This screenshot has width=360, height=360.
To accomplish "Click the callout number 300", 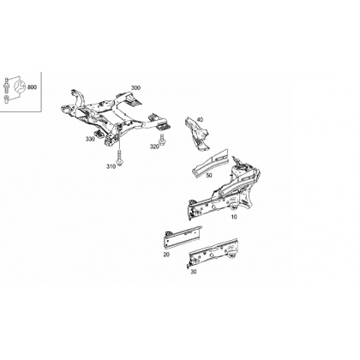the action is [x=135, y=87].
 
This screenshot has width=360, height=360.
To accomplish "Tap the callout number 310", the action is [x=111, y=166].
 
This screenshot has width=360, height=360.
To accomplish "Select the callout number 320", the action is [x=154, y=147].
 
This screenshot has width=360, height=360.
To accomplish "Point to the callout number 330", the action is [x=90, y=139].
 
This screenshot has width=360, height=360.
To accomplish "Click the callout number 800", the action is [x=32, y=87].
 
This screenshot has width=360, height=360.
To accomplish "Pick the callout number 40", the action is [x=200, y=120].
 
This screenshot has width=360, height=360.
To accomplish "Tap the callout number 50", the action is [x=209, y=175].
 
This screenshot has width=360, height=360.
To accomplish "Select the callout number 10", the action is [x=234, y=217].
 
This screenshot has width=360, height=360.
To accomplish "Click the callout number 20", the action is [x=166, y=255].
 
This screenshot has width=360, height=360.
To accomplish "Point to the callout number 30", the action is [x=194, y=272].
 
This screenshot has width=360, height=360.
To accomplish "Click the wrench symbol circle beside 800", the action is [x=20, y=87].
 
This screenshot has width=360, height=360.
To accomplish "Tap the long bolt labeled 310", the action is [x=119, y=158].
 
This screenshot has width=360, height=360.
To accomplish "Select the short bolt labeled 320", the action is [x=162, y=139].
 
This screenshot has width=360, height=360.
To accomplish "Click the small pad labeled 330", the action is [x=99, y=134].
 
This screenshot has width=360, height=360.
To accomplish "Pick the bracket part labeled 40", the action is [x=197, y=133].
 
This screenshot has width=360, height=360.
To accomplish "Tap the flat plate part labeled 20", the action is [x=183, y=237].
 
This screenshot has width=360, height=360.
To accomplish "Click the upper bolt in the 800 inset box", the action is [x=7, y=85].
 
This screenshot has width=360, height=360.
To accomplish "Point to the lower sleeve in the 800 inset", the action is [x=7, y=100].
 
